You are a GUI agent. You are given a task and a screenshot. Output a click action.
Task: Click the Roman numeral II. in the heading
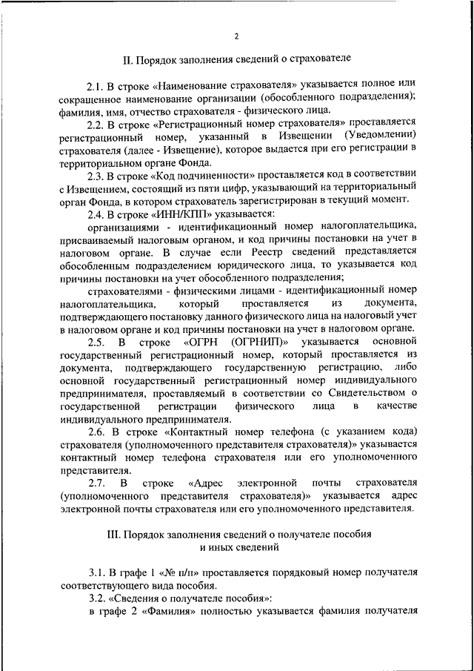pyautogui.click(x=127, y=57)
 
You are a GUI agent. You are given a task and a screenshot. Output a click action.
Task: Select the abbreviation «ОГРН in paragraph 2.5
pyautogui.click(x=201, y=342)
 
